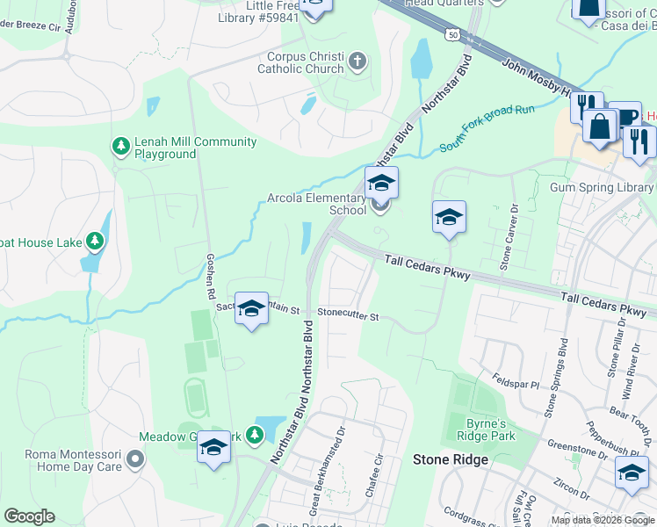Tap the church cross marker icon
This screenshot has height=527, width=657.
click(357, 62)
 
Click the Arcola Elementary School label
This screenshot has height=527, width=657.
click(316, 204)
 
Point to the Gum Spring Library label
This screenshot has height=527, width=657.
click(601, 187)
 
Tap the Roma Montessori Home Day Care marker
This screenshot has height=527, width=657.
click(134, 458)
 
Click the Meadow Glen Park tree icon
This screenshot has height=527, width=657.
click(254, 434)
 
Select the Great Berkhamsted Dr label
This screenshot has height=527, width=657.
click(338, 459)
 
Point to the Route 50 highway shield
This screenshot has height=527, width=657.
click(451, 34)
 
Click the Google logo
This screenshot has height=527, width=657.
click(29, 516)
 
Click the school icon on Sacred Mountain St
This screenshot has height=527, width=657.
click(251, 308)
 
